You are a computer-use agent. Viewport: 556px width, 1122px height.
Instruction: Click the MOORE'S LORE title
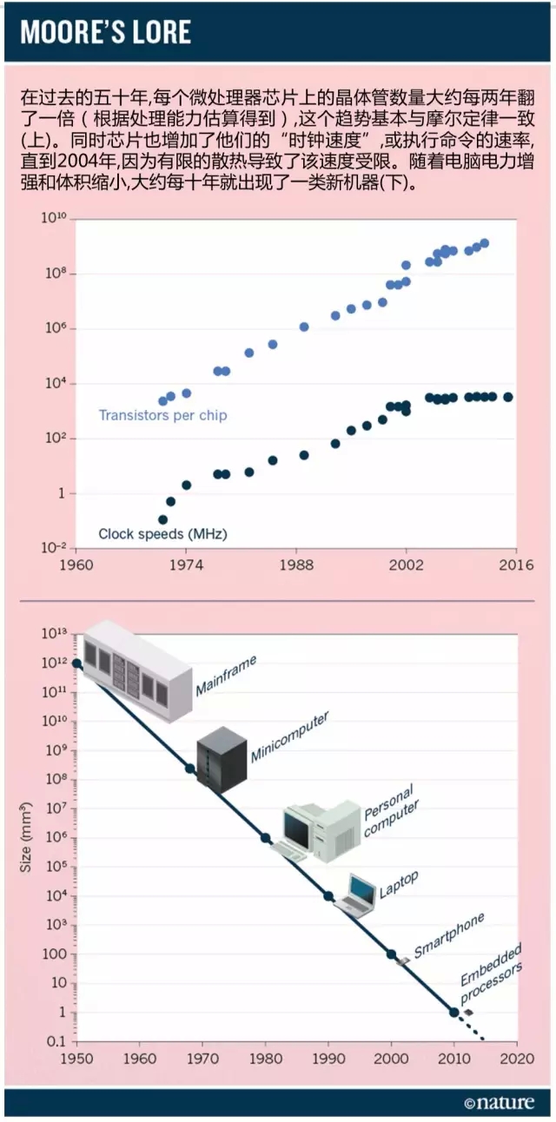click(106, 32)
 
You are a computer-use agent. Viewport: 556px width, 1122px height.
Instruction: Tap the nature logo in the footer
click(499, 1103)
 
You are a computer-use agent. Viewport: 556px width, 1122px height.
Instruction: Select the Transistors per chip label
click(162, 415)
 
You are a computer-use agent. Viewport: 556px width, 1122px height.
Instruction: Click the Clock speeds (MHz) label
click(162, 534)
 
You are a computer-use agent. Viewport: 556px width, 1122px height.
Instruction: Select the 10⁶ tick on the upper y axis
click(53, 328)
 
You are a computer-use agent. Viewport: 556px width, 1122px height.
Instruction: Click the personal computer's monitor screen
click(298, 828)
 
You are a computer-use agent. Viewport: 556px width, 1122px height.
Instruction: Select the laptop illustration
click(356, 894)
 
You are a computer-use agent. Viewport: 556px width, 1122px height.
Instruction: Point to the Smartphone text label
click(449, 935)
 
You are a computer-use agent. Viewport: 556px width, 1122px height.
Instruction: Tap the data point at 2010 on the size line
click(453, 1013)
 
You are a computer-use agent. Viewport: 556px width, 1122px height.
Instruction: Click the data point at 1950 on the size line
click(76, 663)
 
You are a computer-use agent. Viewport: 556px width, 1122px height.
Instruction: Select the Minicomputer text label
click(290, 737)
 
